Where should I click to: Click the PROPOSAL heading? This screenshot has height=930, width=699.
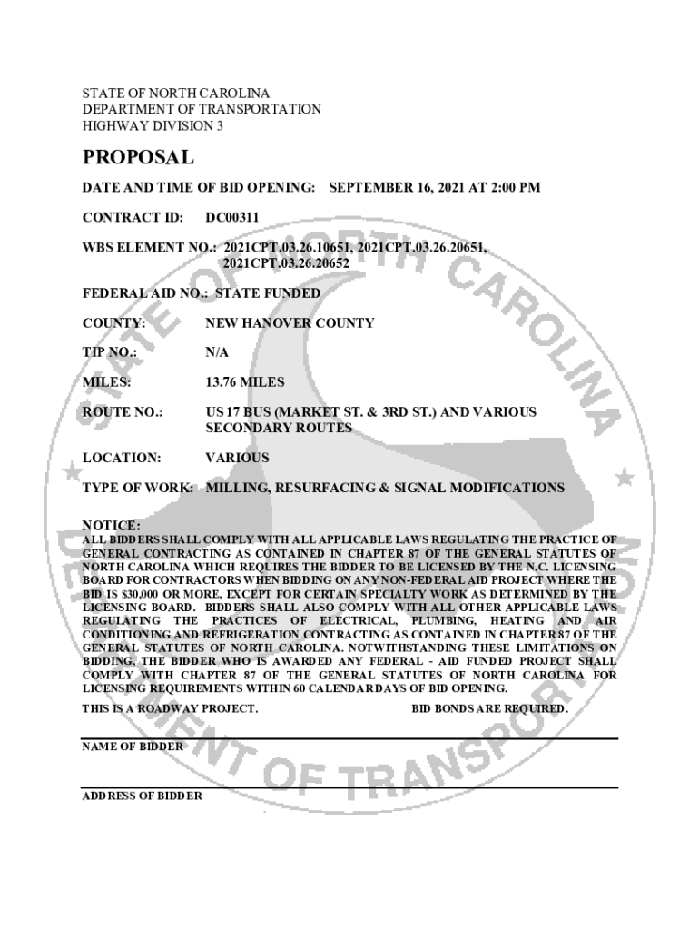138,157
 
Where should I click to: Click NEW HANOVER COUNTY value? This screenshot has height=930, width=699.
290,322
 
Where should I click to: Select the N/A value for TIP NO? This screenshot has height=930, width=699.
217,351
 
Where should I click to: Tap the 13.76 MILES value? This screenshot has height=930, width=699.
245,381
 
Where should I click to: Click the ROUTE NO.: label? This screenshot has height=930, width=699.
123,412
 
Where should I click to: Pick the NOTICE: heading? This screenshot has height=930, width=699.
112,526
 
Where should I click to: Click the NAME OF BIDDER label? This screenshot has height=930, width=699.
133,746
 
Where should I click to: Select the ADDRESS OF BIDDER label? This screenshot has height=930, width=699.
143,796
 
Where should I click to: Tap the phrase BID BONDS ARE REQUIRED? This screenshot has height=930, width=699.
490,708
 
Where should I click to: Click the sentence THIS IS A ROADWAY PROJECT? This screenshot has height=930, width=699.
171,708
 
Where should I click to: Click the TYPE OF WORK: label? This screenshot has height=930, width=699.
138,488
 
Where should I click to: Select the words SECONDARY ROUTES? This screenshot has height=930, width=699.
279,428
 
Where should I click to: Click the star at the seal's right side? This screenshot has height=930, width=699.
624,476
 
